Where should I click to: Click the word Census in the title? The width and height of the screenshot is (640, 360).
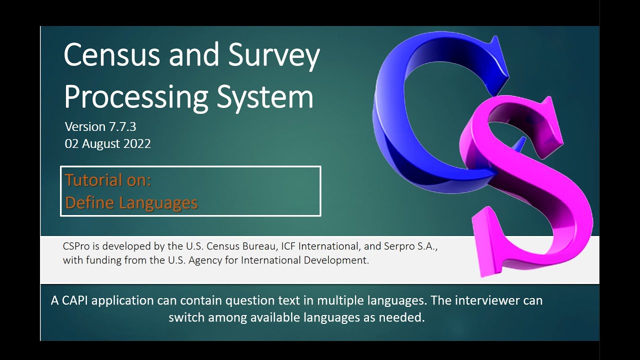(x=112, y=56)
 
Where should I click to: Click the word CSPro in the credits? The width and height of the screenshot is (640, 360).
(x=76, y=246)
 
